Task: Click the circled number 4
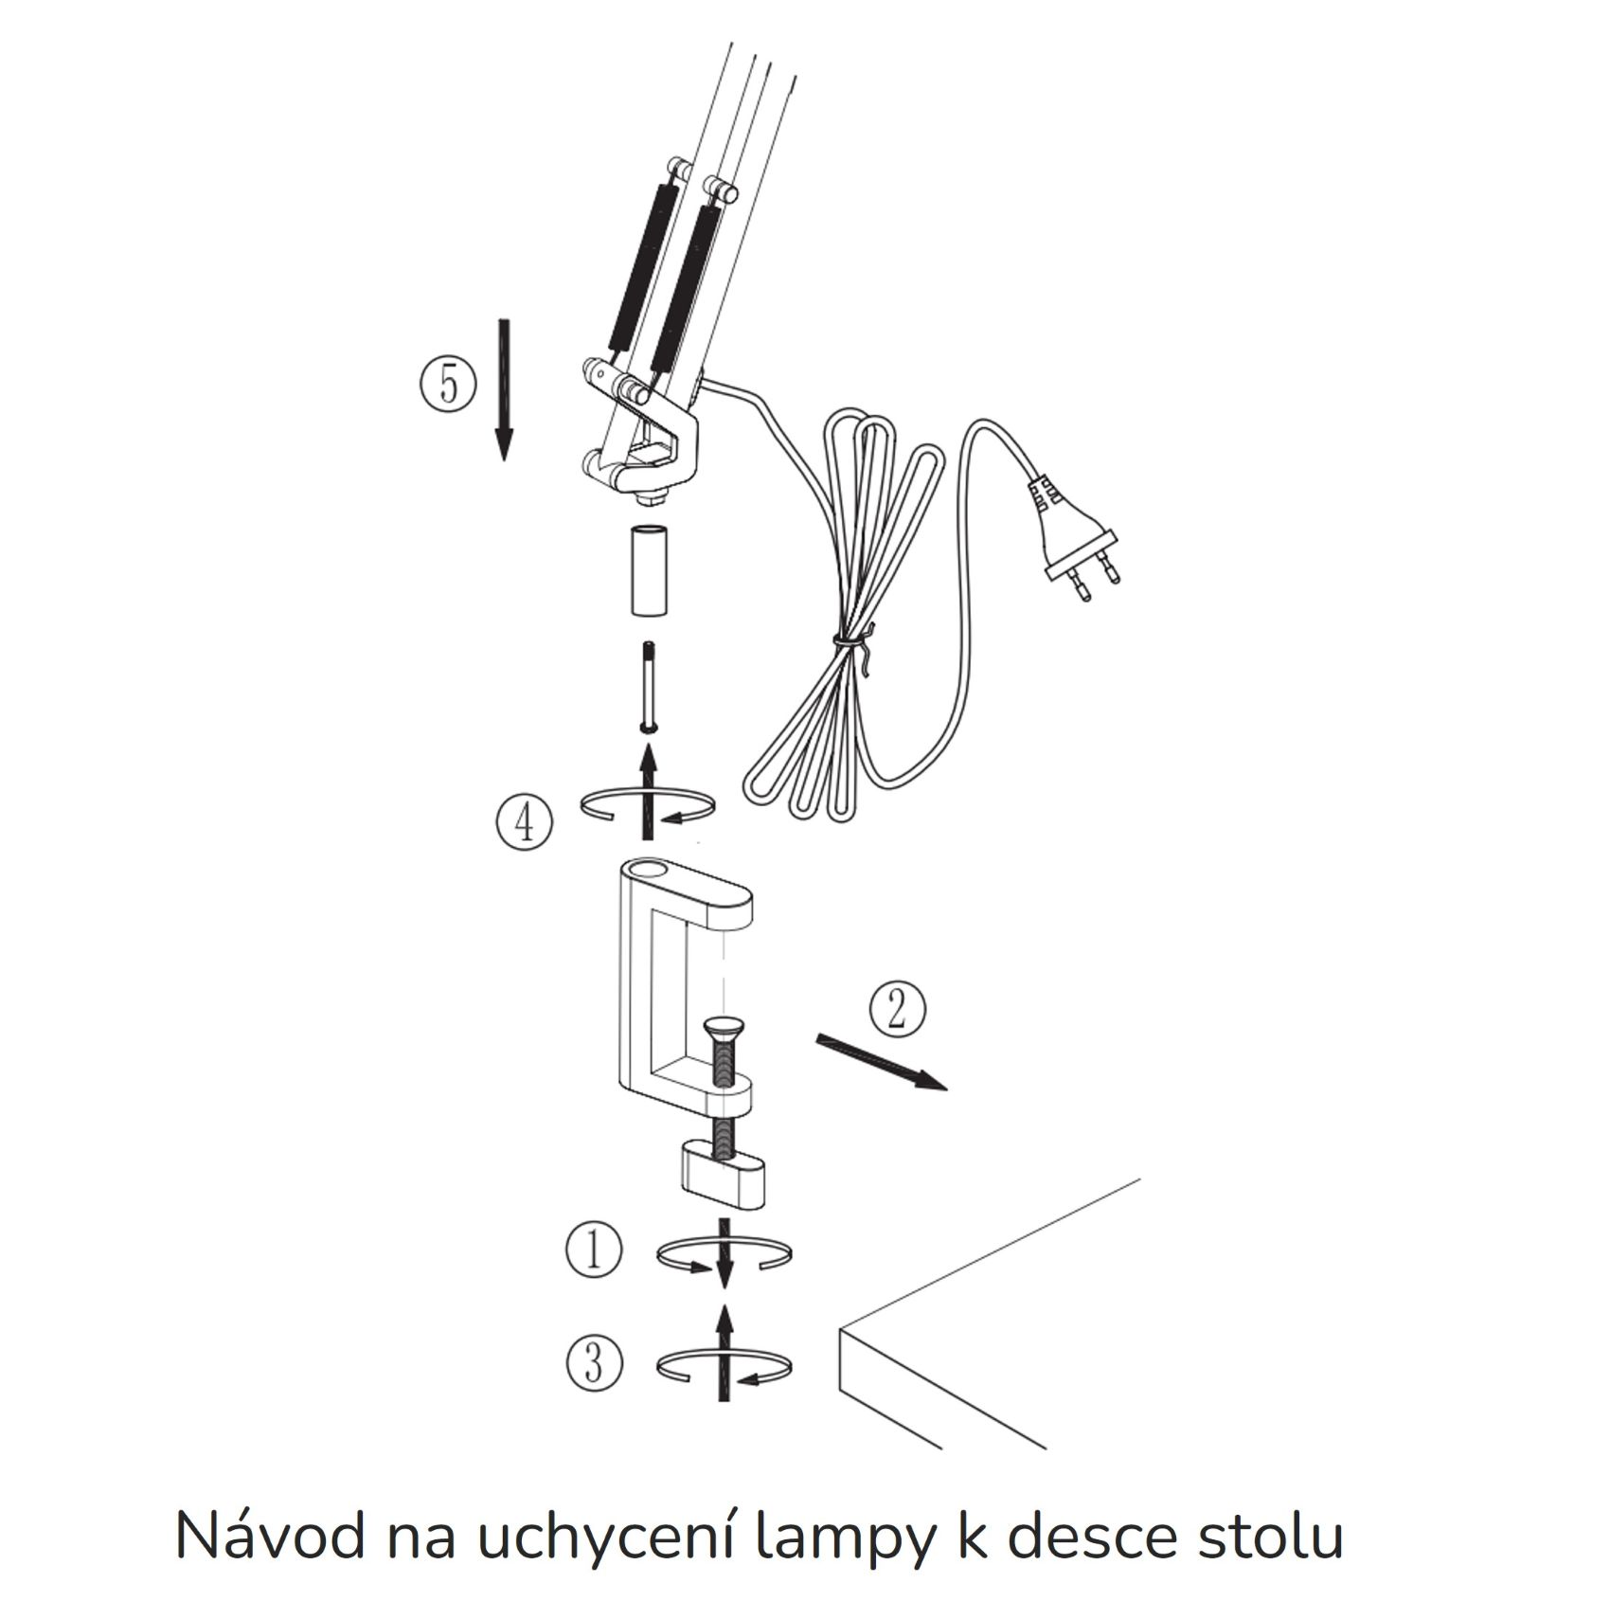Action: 523,821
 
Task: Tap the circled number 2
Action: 897,1008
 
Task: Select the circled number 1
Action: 594,1250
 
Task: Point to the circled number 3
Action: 594,1362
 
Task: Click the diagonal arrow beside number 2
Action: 880,1063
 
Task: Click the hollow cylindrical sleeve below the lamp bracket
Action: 649,570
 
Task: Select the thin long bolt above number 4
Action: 649,686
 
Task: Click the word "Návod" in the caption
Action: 270,1536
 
